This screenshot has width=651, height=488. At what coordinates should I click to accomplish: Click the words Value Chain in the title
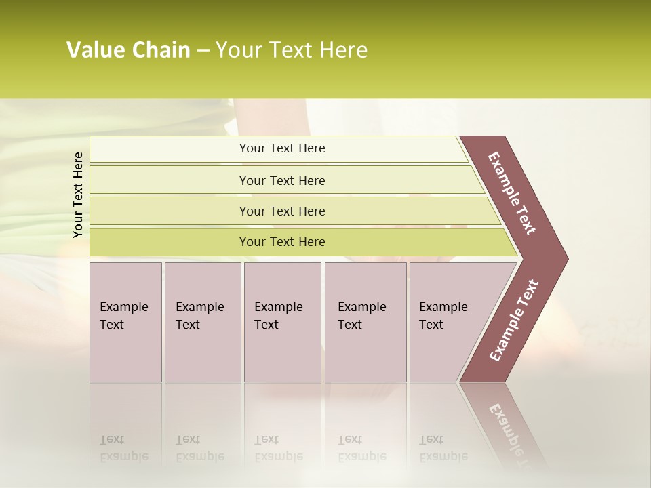point(128,50)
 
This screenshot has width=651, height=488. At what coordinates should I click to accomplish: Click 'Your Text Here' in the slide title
point(292,50)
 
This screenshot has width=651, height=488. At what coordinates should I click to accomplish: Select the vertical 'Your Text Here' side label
point(78,195)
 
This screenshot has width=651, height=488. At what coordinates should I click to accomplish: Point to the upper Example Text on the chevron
point(512,193)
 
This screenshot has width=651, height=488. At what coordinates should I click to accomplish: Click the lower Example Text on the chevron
point(514,321)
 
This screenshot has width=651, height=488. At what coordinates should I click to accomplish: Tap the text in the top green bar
point(282,148)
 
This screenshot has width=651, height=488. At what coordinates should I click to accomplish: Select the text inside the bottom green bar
point(282,242)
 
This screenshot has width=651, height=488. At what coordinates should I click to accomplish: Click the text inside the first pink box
point(123,316)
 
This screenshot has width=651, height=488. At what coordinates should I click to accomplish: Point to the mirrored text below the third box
point(278,448)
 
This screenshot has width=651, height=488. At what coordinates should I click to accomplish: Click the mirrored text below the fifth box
point(443,448)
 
